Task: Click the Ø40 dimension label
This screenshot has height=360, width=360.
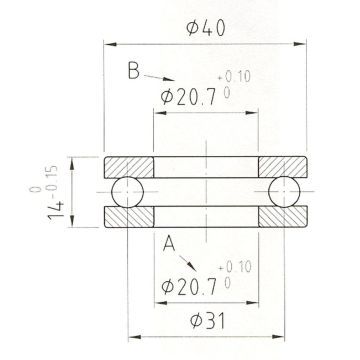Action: (206, 28)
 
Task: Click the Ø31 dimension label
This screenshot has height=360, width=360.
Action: (207, 321)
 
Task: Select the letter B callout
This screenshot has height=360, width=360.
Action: (133, 71)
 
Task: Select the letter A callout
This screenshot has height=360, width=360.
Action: (169, 243)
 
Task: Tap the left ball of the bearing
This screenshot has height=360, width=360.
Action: (128, 192)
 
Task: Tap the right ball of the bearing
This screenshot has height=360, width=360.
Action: (284, 192)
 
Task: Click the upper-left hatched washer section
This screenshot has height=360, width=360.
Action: (129, 167)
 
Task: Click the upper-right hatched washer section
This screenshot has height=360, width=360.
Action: (283, 167)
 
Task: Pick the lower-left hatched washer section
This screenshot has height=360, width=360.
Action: (129, 217)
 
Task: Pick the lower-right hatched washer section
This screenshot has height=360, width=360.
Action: (283, 217)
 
